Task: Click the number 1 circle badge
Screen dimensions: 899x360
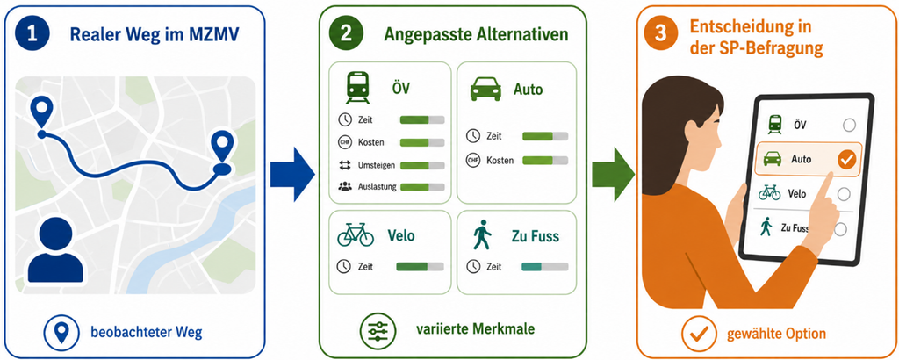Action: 32,33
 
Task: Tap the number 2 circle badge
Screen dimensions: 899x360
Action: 346,33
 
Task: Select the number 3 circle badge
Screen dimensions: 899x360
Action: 660,33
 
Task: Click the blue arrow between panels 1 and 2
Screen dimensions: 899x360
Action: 292,174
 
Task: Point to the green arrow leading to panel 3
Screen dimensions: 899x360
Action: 613,174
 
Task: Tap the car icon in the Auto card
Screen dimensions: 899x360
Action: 485,90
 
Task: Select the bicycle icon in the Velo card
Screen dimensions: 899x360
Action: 356,235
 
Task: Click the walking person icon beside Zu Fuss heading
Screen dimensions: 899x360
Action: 482,236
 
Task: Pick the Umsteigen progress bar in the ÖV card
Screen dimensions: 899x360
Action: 422,166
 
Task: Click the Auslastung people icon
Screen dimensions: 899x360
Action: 345,186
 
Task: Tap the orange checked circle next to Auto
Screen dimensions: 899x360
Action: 846,160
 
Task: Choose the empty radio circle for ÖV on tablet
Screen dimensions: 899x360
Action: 850,125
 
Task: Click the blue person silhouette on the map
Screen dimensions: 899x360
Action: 55,251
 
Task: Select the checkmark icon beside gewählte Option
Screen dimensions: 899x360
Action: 700,333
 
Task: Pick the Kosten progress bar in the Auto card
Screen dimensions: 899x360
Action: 545,161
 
